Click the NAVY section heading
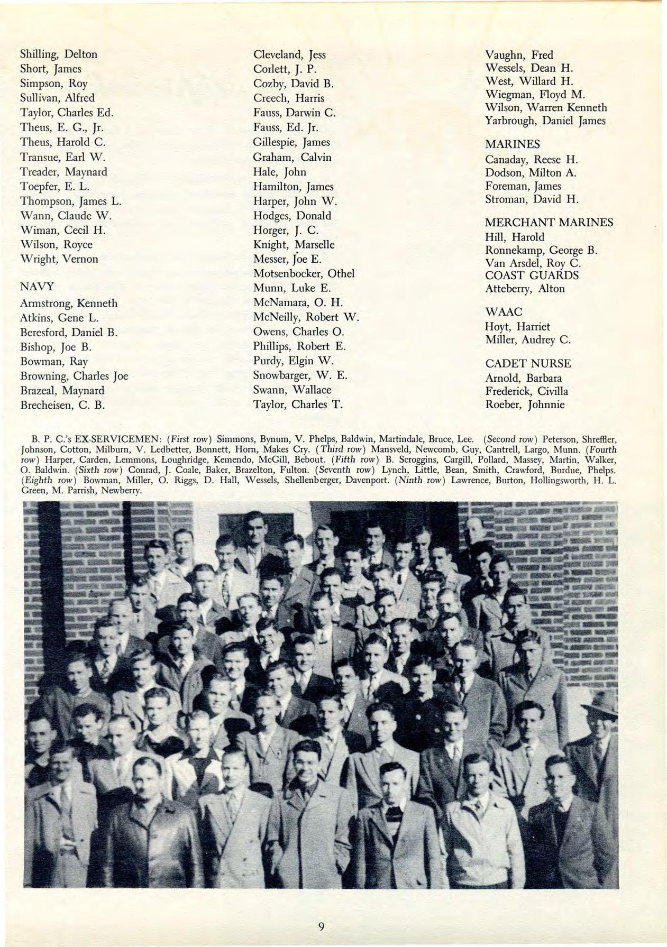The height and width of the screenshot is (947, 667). click(37, 287)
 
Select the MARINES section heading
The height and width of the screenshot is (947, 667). click(513, 144)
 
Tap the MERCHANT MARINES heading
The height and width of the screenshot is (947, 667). click(549, 223)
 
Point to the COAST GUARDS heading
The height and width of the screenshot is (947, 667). click(532, 275)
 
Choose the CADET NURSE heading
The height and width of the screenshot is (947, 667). click(528, 364)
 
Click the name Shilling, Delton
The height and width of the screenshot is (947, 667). click(59, 54)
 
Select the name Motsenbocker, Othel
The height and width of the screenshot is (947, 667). click(304, 273)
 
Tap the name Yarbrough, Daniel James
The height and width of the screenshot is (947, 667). click(545, 121)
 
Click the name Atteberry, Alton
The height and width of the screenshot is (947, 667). click(525, 289)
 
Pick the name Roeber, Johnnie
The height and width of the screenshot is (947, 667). click(525, 405)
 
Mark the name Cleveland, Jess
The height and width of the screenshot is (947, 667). click(289, 54)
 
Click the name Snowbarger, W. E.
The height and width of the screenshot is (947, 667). click(300, 376)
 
